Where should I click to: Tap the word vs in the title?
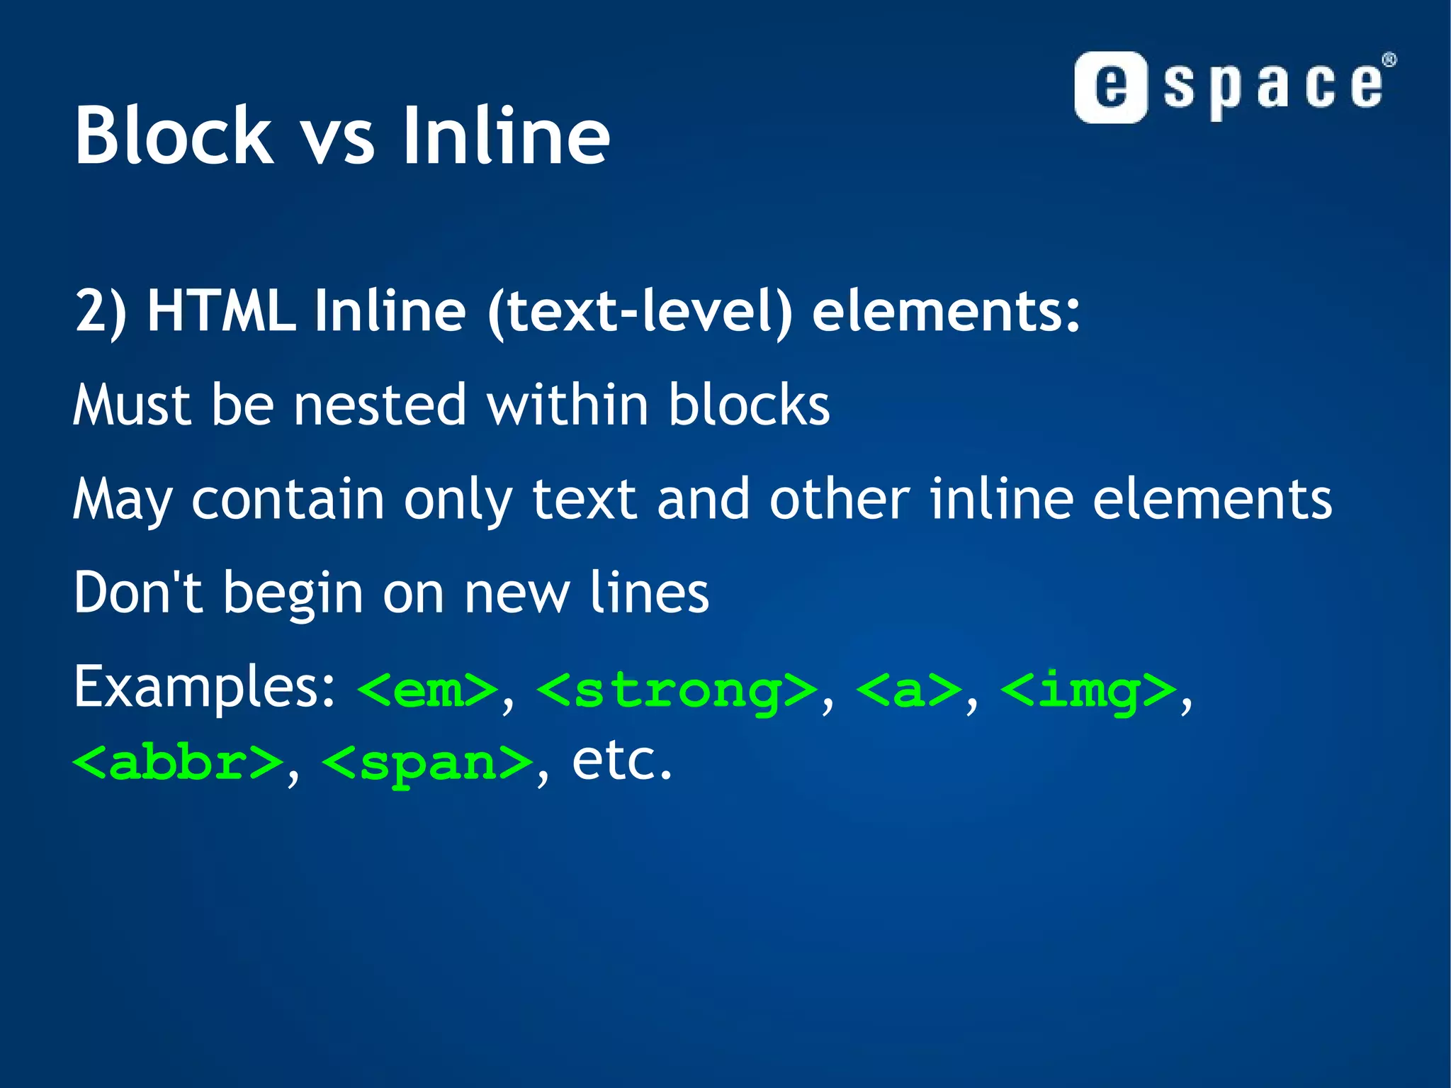click(x=338, y=139)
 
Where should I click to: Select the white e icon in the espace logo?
click(x=1110, y=87)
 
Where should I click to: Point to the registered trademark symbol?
click(x=1389, y=60)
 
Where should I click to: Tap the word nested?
click(x=380, y=405)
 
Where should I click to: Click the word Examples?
click(x=205, y=688)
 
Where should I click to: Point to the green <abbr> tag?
click(x=178, y=763)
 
